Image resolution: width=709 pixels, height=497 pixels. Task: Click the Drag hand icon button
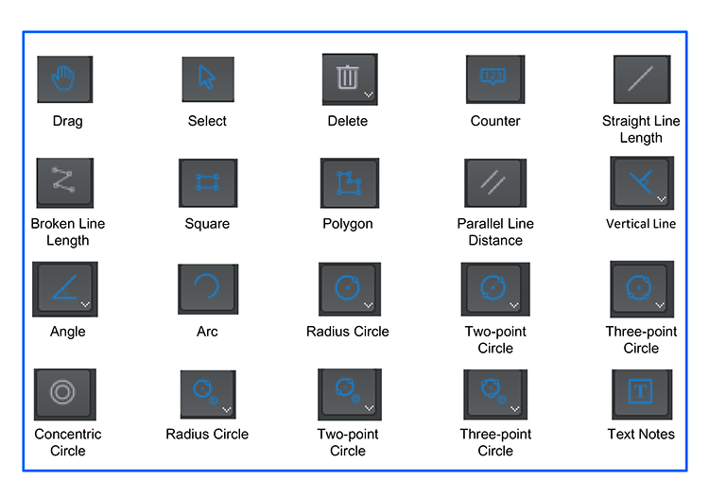point(65,79)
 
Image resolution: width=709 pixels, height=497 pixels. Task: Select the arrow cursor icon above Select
point(208,79)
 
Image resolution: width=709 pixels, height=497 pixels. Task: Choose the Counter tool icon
point(495,79)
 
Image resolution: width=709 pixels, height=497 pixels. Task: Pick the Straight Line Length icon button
point(642,79)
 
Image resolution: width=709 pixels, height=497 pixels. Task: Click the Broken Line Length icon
point(65,182)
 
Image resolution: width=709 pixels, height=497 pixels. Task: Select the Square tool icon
point(208,182)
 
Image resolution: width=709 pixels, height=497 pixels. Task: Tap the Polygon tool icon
point(350,182)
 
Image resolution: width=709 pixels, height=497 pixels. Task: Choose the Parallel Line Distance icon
point(495,182)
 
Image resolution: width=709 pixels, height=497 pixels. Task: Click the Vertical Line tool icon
point(642,182)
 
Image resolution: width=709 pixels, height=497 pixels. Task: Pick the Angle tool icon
point(65,289)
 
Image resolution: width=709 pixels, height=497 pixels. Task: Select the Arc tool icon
point(208,289)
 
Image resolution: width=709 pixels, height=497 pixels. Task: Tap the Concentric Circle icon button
point(65,394)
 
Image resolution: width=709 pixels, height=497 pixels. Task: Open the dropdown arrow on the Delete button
point(369,94)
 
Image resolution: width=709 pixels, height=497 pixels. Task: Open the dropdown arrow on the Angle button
point(85,304)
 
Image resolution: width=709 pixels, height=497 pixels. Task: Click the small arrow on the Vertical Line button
point(662,198)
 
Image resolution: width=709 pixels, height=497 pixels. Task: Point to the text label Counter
point(495,121)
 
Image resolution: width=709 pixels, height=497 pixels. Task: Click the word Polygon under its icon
point(348,224)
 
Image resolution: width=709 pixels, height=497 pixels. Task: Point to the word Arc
point(207,332)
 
